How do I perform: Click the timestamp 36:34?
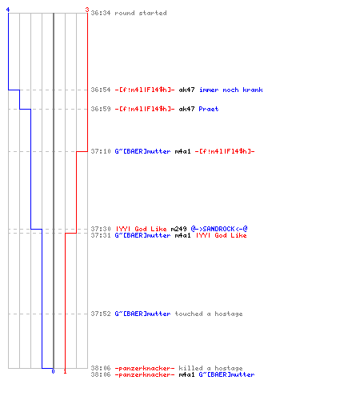click(x=101, y=13)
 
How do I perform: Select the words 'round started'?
click(x=141, y=13)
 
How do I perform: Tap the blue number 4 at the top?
click(x=8, y=10)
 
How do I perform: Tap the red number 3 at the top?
click(x=87, y=10)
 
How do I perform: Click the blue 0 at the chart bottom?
click(x=53, y=371)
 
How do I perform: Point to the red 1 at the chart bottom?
click(x=65, y=371)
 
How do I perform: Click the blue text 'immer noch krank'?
click(x=231, y=90)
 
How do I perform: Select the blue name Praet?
click(x=209, y=109)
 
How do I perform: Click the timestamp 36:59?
click(x=101, y=109)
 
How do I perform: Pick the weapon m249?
click(x=178, y=229)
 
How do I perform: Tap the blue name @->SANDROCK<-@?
click(x=219, y=229)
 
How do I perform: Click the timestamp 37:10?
click(x=101, y=151)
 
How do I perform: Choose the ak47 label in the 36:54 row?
click(x=186, y=90)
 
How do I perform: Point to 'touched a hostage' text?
click(x=209, y=314)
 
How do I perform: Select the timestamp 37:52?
click(x=101, y=314)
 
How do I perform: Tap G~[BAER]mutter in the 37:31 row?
click(x=142, y=235)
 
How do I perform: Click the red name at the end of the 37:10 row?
click(x=225, y=151)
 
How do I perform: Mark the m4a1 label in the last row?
click(x=186, y=374)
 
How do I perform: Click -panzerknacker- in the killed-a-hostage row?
click(x=145, y=368)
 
